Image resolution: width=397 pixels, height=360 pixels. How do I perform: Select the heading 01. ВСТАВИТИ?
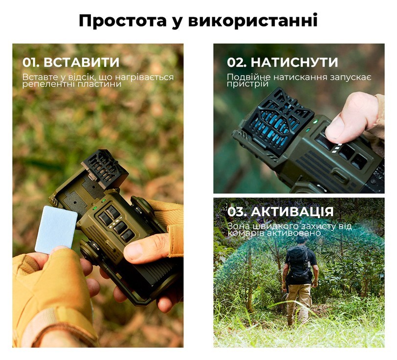(71, 63)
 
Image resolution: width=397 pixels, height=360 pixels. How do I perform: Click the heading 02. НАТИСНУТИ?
(283, 63)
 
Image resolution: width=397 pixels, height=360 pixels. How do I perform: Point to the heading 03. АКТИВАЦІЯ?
(281, 212)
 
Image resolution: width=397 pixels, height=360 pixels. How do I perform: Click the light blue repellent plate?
(56, 229)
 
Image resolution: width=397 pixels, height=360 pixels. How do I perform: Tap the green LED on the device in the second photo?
(315, 121)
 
